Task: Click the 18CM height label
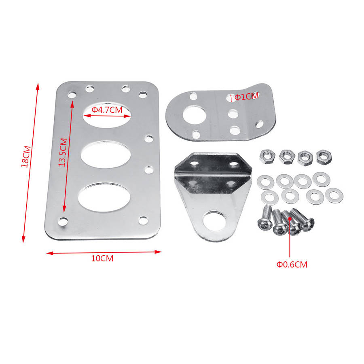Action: point(26,157)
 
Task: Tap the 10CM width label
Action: point(102,258)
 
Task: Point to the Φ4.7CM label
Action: point(107,110)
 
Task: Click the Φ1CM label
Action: point(246,96)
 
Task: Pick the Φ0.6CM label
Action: point(292,265)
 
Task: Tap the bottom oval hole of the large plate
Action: point(104,197)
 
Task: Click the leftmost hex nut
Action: point(267,157)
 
